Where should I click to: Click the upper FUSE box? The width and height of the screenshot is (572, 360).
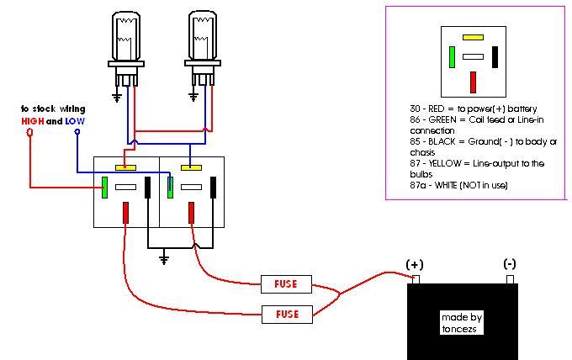tap(286, 283)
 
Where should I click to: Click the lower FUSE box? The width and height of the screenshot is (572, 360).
tap(286, 314)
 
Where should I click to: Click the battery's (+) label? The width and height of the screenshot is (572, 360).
tap(415, 264)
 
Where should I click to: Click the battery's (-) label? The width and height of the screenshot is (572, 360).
tap(510, 264)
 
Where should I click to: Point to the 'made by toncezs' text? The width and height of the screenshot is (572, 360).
tap(462, 323)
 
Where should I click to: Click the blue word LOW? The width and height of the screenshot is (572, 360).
tap(75, 121)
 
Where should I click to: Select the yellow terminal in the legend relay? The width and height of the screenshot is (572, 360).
tap(473, 38)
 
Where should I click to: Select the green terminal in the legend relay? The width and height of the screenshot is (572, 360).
tap(453, 57)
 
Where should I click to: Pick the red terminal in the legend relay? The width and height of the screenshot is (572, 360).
tap(474, 82)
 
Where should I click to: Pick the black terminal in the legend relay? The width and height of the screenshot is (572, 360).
tap(495, 57)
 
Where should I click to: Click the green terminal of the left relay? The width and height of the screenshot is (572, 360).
tap(104, 187)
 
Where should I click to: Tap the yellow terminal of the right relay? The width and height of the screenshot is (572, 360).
tap(191, 167)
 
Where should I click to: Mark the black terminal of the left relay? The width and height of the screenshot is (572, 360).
tap(148, 187)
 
